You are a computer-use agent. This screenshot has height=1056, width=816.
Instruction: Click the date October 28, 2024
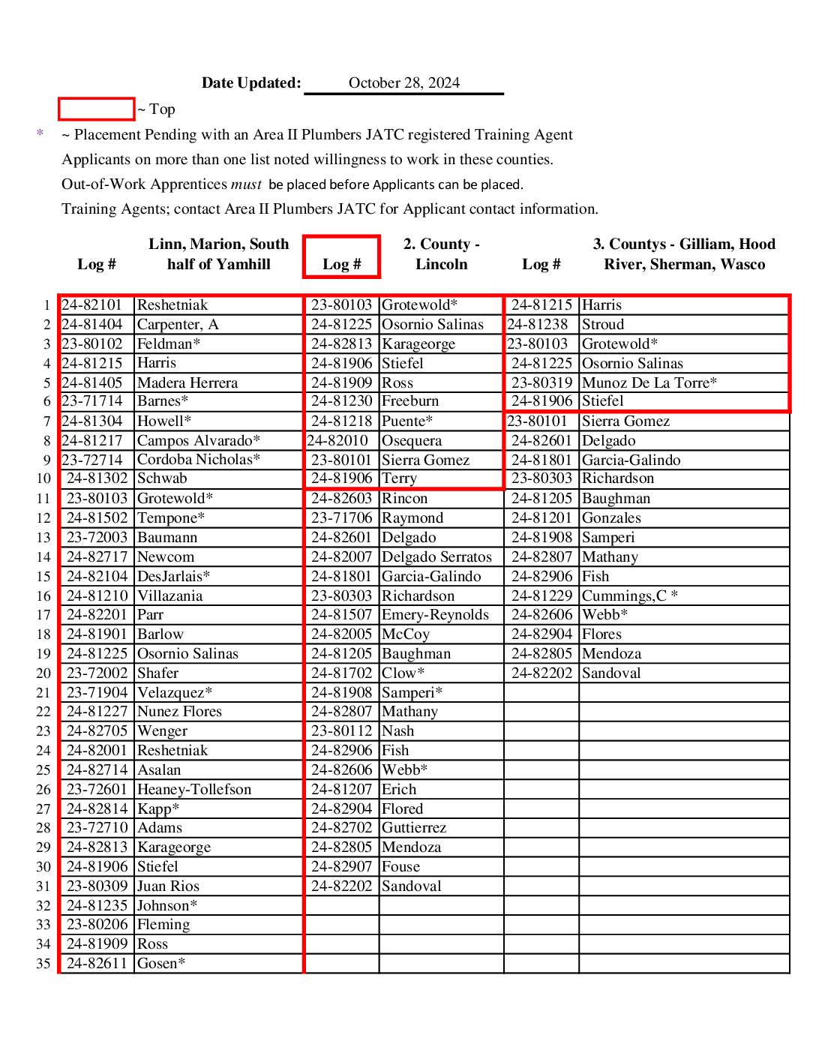pyautogui.click(x=403, y=83)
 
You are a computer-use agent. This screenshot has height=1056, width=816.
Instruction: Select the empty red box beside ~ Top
pyautogui.click(x=96, y=109)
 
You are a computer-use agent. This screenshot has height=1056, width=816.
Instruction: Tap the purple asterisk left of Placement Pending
pyautogui.click(x=40, y=133)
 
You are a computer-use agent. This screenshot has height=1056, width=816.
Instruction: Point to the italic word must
pyautogui.click(x=246, y=184)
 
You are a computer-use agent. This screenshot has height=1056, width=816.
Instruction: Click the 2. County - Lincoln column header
pyautogui.click(x=441, y=254)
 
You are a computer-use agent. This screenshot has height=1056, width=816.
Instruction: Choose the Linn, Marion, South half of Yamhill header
pyautogui.click(x=218, y=254)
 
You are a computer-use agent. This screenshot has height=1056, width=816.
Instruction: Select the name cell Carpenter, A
pyautogui.click(x=178, y=325)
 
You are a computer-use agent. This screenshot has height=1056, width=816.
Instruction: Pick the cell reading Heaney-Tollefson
pyautogui.click(x=194, y=790)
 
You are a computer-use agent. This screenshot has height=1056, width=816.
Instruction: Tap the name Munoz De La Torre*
pyautogui.click(x=649, y=383)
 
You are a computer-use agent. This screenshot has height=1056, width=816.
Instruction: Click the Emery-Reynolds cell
pyautogui.click(x=435, y=615)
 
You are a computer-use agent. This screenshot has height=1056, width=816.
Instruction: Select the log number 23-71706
pyautogui.click(x=341, y=518)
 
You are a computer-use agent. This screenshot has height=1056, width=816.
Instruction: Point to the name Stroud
pyautogui.click(x=603, y=325)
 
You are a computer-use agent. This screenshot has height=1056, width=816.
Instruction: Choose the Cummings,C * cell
pyautogui.click(x=630, y=596)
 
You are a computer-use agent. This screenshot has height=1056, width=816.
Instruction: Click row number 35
pyautogui.click(x=43, y=964)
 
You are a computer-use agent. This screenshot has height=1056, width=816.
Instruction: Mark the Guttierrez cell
pyautogui.click(x=414, y=828)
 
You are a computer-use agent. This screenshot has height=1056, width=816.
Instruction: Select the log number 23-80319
pyautogui.click(x=541, y=383)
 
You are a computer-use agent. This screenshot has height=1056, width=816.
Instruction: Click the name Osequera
pyautogui.click(x=412, y=441)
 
